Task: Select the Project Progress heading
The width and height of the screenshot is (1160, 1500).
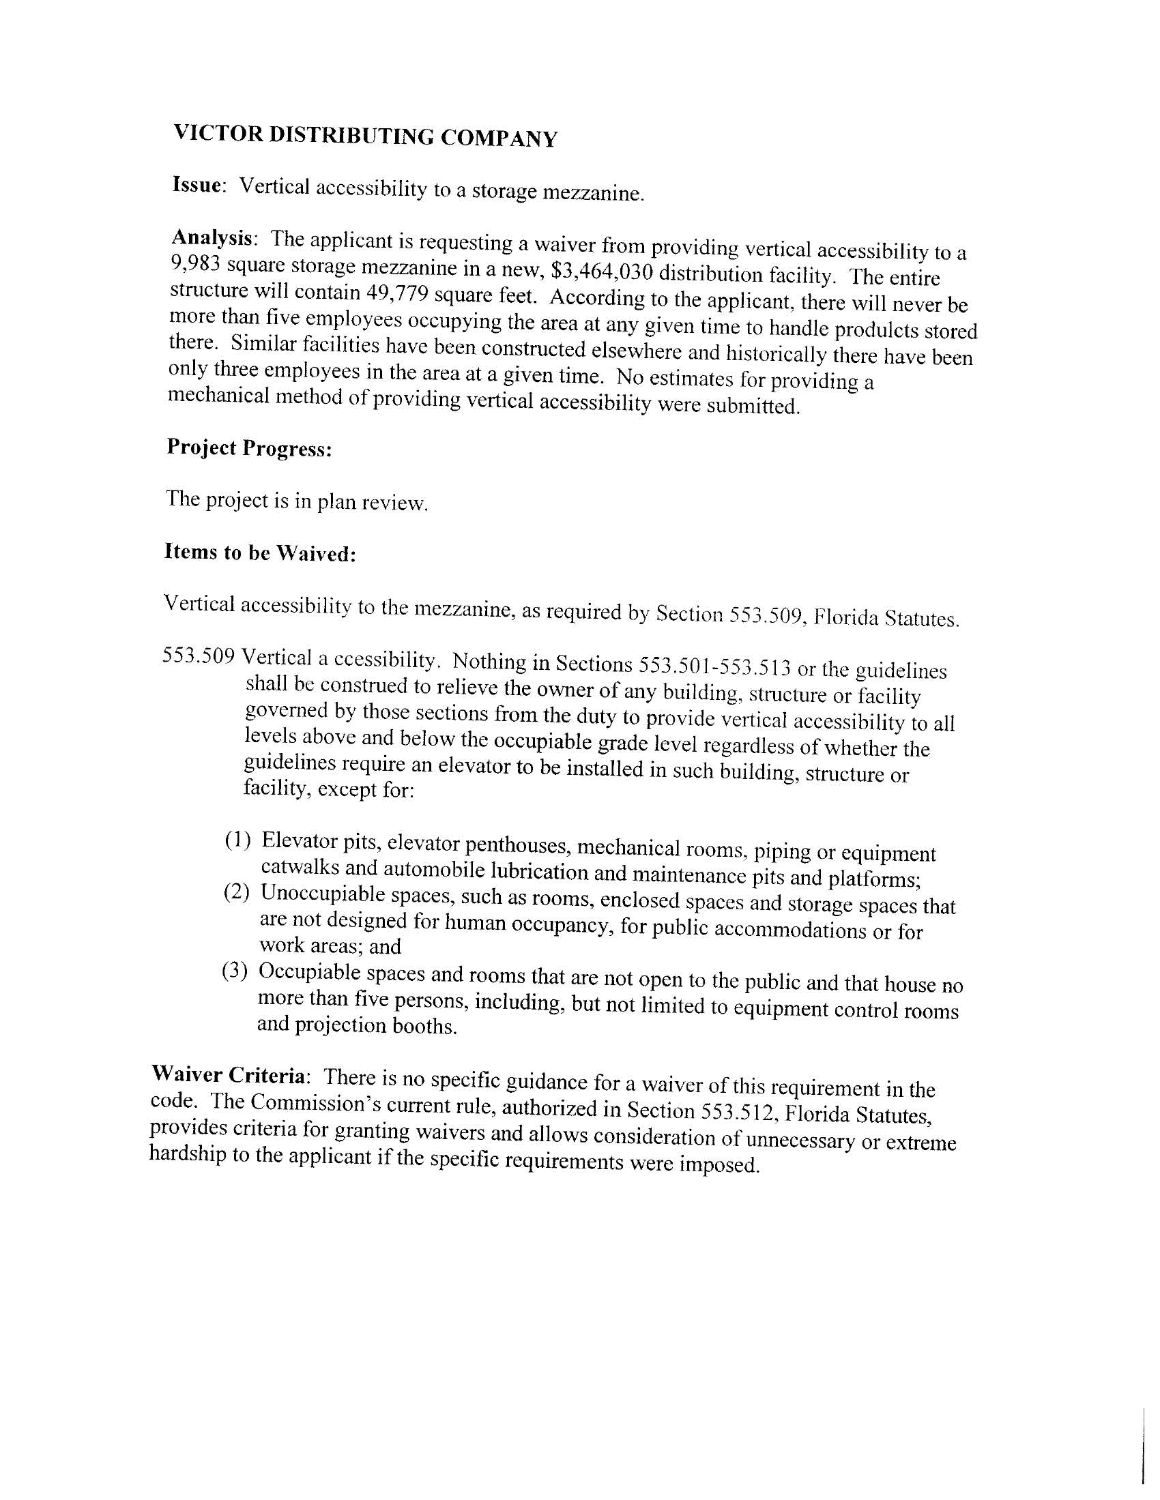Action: click(x=250, y=447)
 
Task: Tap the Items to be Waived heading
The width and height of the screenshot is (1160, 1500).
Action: click(x=260, y=553)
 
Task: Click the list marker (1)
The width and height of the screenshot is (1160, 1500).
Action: click(x=237, y=839)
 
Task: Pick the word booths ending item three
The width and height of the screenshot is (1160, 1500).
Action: click(x=424, y=1027)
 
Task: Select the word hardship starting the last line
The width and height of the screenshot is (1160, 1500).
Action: click(x=187, y=1153)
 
